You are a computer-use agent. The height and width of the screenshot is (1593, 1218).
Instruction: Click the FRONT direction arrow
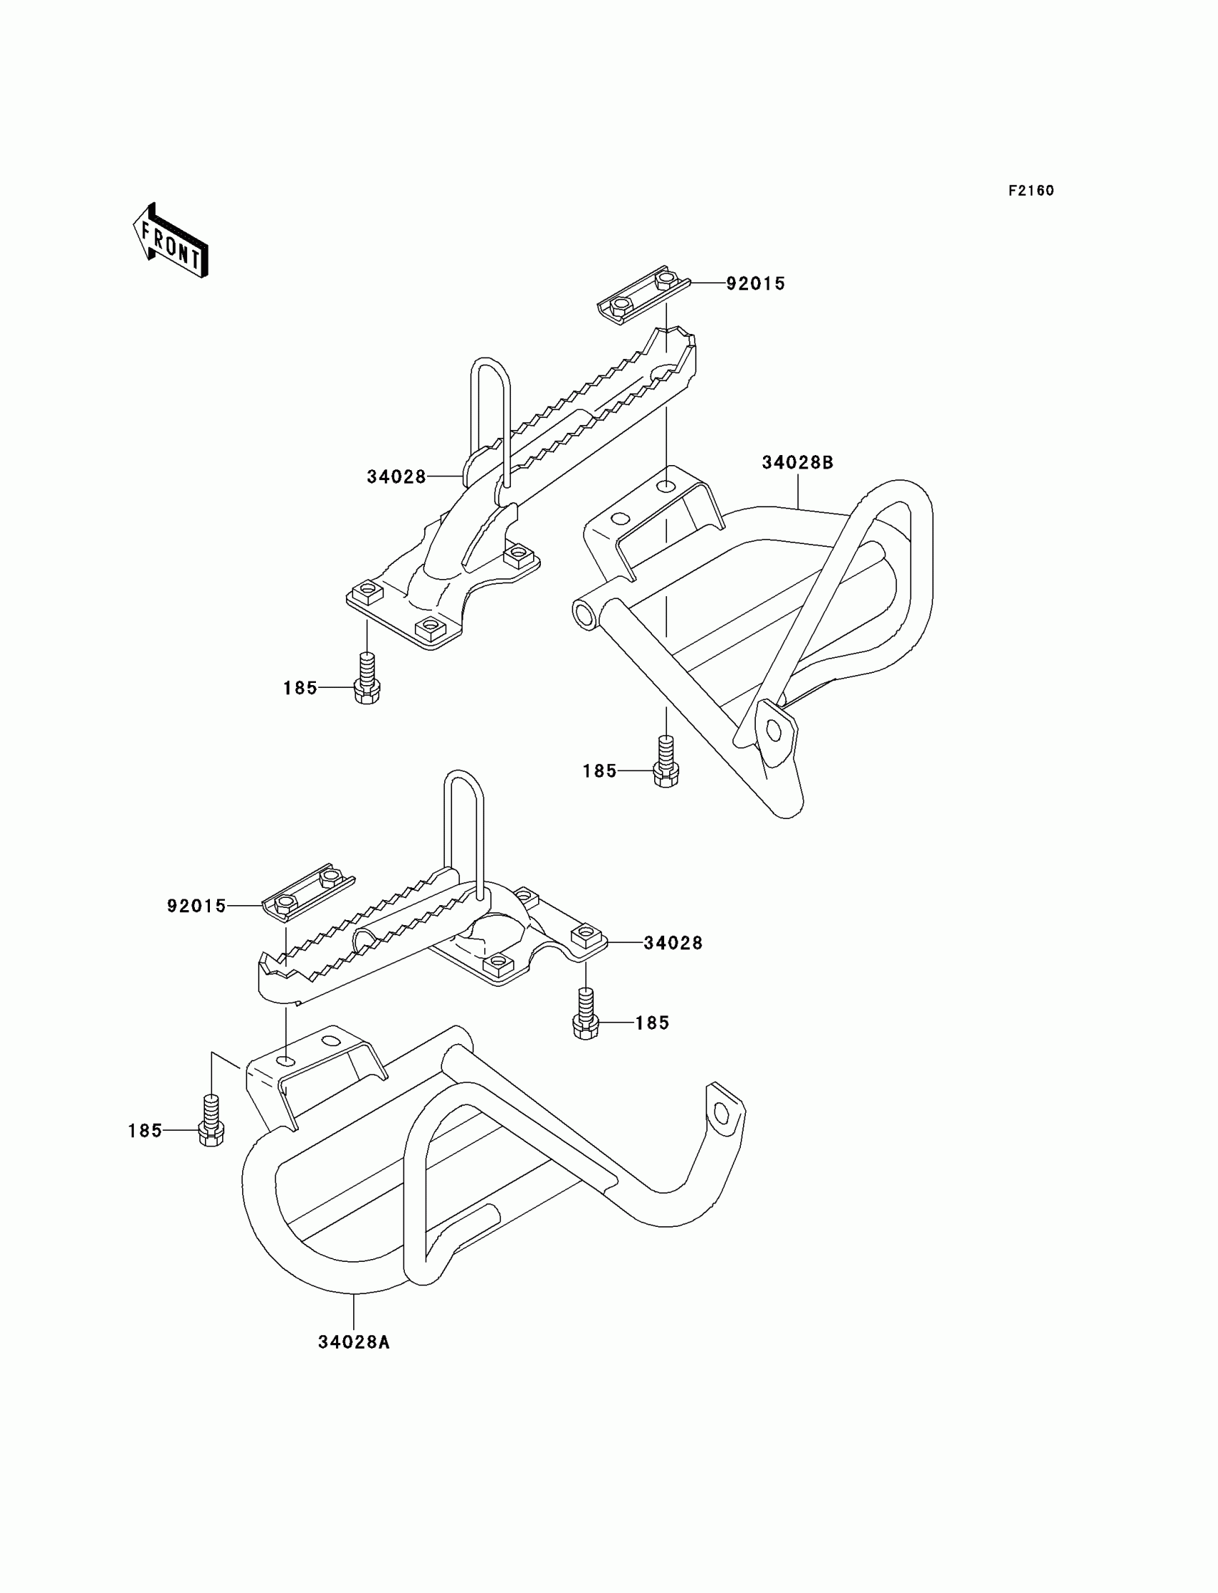171,241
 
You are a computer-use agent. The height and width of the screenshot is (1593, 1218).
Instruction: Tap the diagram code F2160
1031,191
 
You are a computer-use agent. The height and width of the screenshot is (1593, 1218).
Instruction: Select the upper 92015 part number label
755,284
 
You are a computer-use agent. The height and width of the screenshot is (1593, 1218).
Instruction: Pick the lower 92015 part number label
196,906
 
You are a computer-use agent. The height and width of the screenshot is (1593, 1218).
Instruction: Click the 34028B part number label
797,463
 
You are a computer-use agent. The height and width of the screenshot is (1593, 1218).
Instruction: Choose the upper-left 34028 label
395,477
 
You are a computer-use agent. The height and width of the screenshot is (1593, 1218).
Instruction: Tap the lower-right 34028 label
673,942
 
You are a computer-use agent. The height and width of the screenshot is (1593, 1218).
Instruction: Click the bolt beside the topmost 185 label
368,678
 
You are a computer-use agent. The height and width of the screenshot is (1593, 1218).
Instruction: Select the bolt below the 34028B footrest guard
666,761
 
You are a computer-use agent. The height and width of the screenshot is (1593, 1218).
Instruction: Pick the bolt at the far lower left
211,1120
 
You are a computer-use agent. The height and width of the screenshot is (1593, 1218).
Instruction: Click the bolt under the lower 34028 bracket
586,1014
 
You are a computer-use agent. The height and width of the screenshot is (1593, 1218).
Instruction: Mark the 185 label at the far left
145,1130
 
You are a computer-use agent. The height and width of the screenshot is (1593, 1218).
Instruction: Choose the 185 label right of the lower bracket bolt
652,1023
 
